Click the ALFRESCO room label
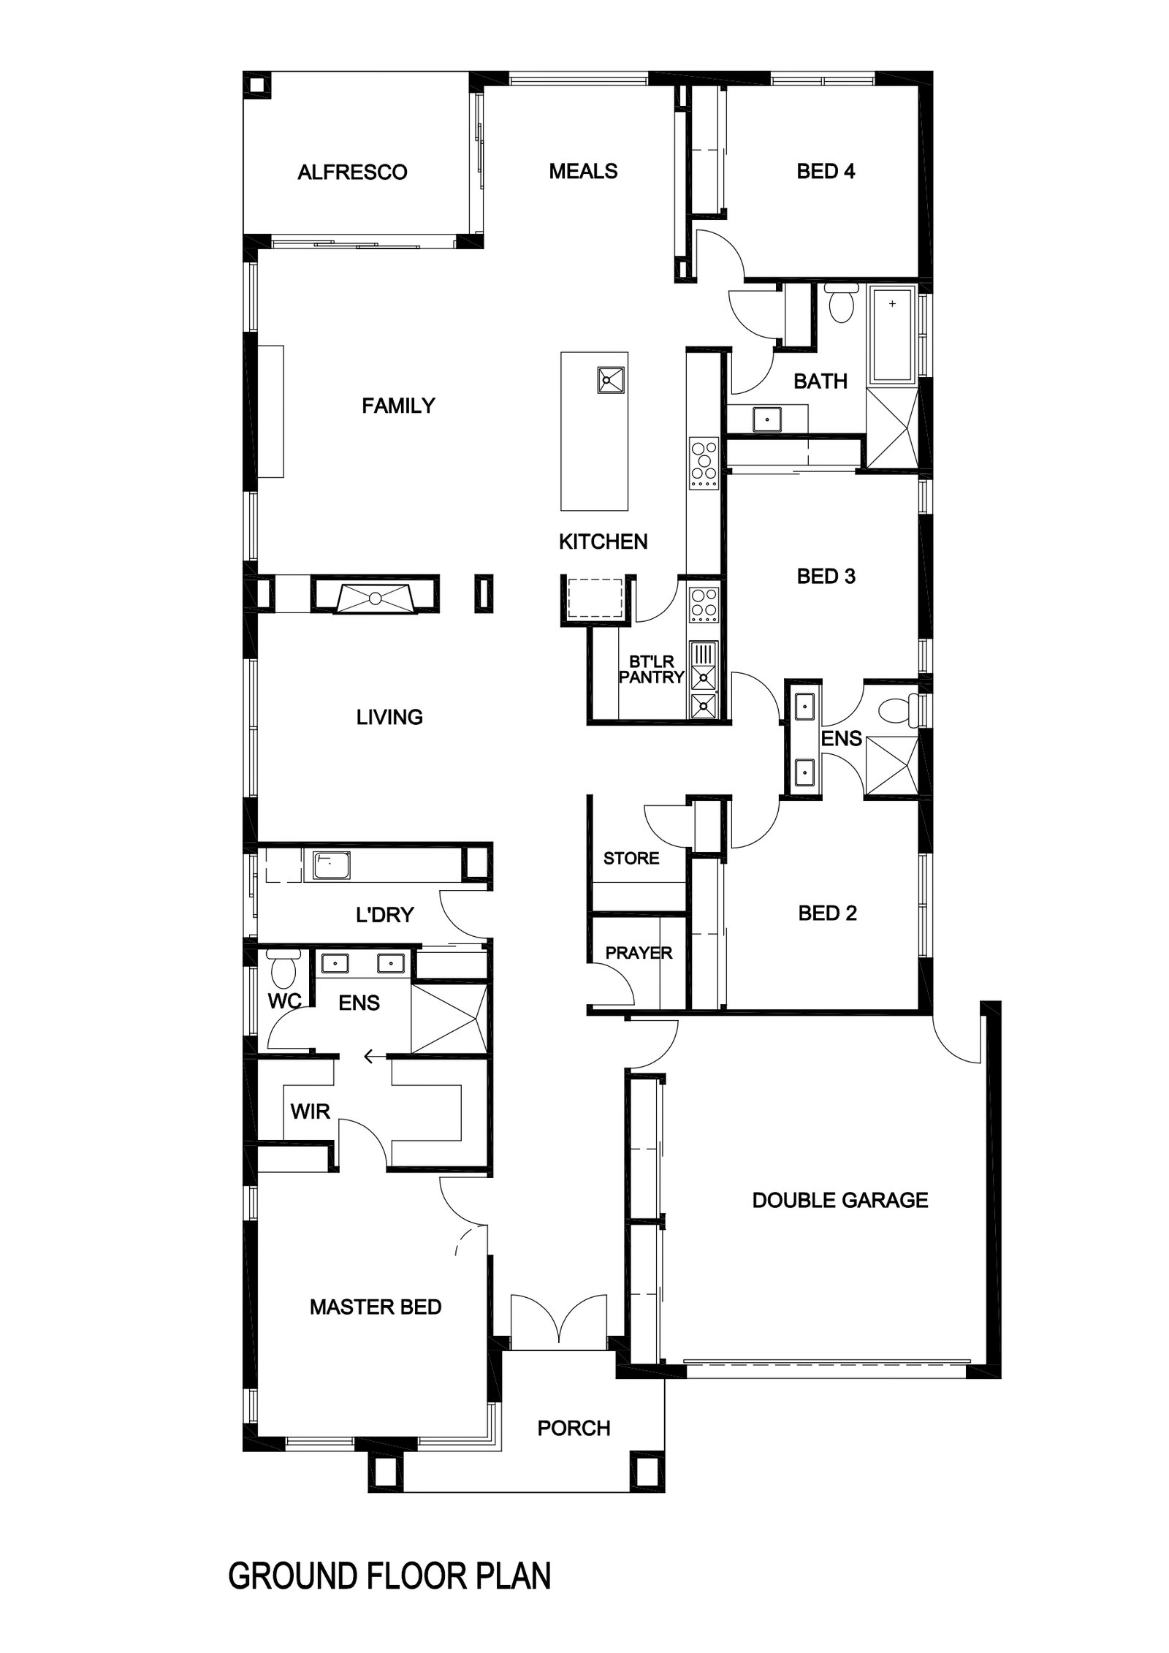(352, 172)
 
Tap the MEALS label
(583, 171)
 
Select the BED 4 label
(826, 171)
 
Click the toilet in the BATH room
(842, 303)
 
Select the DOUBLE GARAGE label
(840, 1200)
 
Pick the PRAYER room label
(639, 953)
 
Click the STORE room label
(631, 858)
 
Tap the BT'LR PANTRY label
(651, 669)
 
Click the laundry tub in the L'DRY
(332, 865)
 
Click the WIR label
(311, 1111)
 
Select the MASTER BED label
(376, 1307)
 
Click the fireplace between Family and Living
(376, 595)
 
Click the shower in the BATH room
(891, 427)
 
